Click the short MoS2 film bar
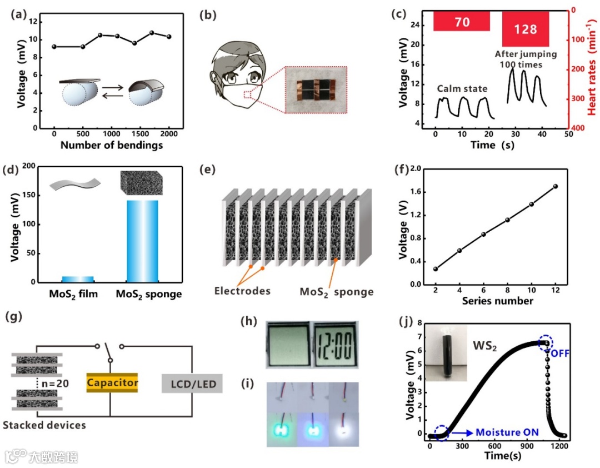[77, 279]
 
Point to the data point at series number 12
[556, 186]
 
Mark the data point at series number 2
[436, 269]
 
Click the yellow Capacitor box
[112, 383]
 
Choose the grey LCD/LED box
[192, 384]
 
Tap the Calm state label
[461, 88]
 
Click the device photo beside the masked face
[316, 89]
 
